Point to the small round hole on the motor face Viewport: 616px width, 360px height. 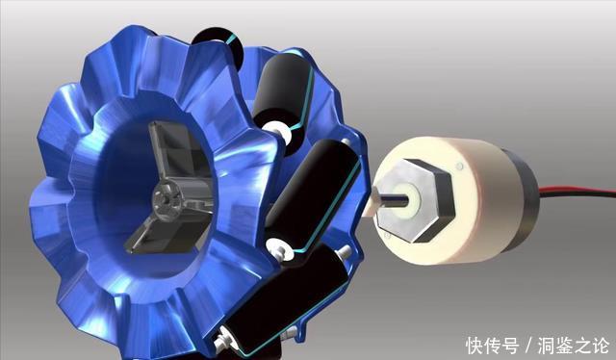tap(460, 167)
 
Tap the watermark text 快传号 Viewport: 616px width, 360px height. tap(492, 346)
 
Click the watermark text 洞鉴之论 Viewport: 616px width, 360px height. tap(574, 346)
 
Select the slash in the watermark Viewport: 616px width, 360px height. tap(528, 346)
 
